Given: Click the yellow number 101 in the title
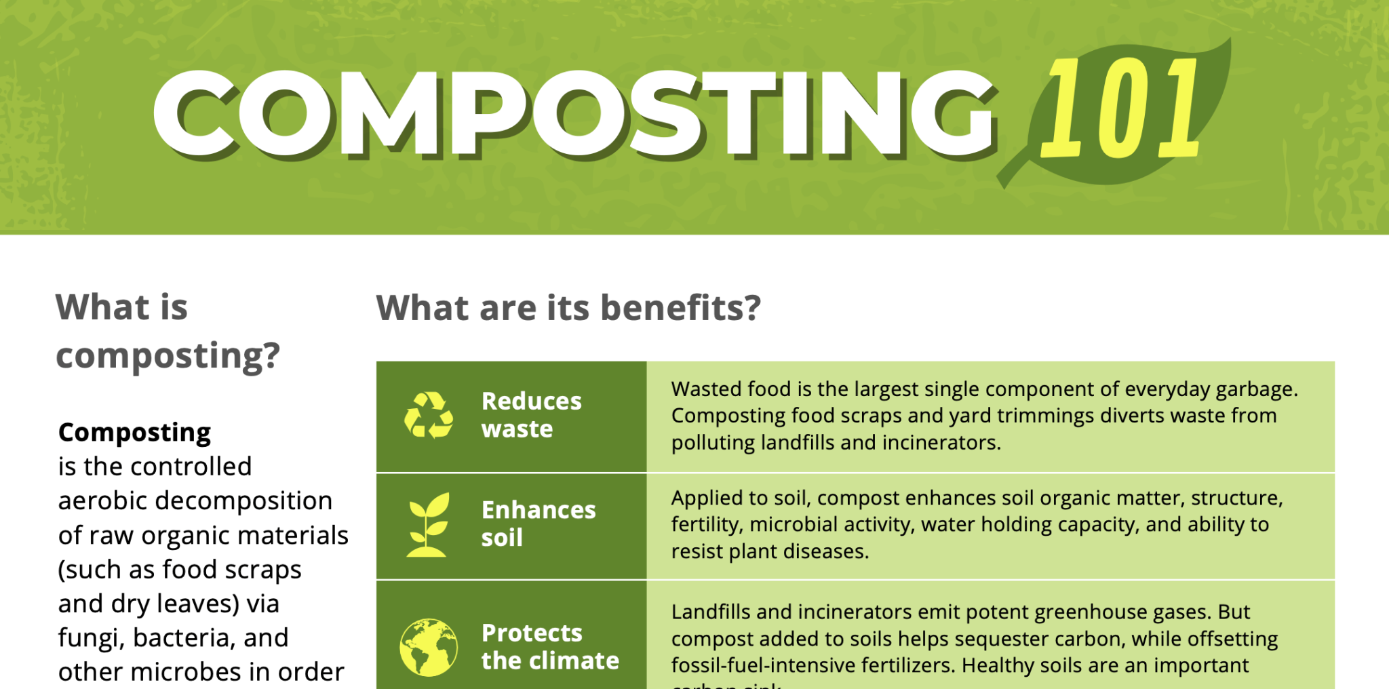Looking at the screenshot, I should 1119,109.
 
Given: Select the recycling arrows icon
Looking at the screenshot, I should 429,415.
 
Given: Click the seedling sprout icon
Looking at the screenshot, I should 428,524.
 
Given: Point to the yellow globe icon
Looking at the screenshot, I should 428,647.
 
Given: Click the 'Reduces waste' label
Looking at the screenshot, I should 531,415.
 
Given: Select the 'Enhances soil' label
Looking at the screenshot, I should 538,524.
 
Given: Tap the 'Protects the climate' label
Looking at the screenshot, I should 549,647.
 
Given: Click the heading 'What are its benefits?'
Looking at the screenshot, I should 568,308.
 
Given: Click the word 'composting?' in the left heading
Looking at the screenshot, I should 168,355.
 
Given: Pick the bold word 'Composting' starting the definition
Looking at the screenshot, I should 134,433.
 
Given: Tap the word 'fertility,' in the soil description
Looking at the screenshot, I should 707,525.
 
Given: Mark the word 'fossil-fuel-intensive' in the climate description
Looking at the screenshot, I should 775,666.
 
